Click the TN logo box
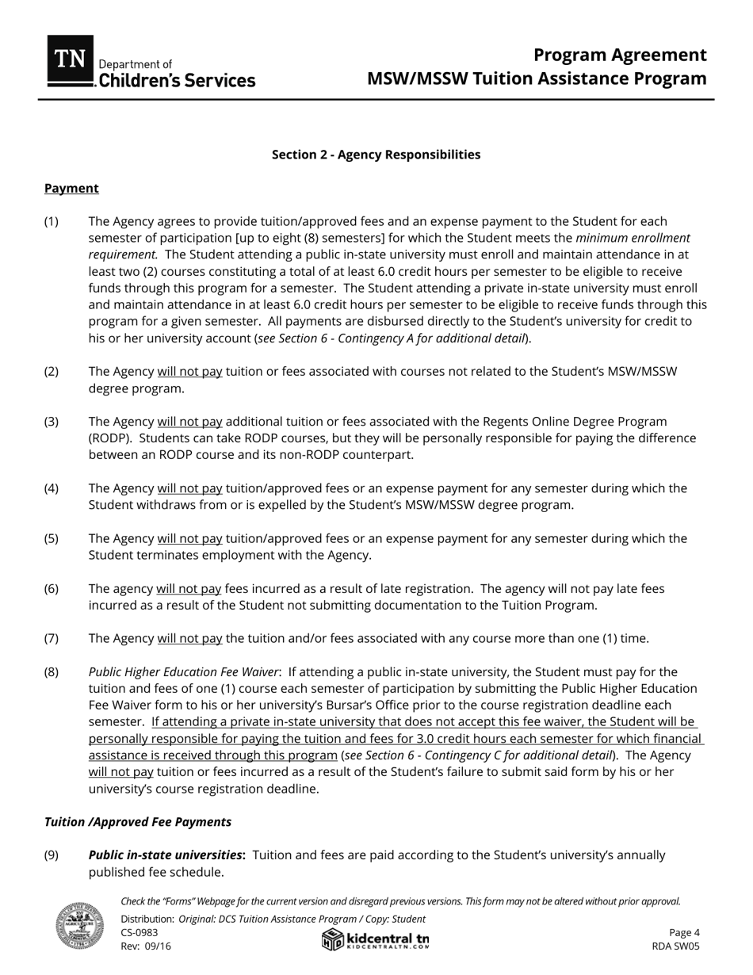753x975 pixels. (x=70, y=60)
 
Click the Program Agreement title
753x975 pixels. (x=619, y=55)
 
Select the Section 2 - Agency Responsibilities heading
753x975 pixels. (x=376, y=155)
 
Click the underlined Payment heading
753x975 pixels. (x=71, y=188)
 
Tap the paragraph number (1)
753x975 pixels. (x=51, y=221)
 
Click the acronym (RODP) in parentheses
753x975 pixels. (x=109, y=438)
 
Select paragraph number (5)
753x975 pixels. (x=51, y=539)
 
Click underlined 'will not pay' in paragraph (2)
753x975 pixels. (x=189, y=372)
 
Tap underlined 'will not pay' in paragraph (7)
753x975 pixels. (x=189, y=639)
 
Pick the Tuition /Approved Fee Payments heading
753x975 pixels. (x=138, y=822)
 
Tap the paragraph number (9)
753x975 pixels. (x=51, y=855)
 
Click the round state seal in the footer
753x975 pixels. (x=79, y=925)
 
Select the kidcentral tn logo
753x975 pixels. (x=376, y=939)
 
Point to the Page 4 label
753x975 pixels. (x=684, y=933)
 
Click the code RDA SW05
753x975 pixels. (x=675, y=946)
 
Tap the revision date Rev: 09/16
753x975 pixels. (x=146, y=946)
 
